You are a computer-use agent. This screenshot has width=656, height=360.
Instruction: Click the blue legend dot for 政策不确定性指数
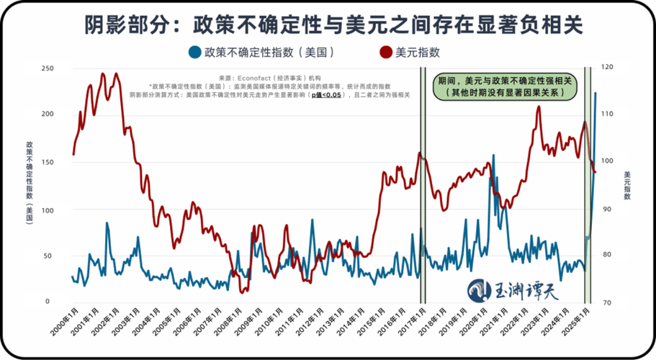(194, 52)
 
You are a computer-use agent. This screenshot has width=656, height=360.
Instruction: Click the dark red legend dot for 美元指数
(385, 52)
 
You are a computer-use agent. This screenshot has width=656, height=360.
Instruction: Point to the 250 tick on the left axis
(47, 68)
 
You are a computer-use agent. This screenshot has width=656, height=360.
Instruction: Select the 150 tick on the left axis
(47, 161)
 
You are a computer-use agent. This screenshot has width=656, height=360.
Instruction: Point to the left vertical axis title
(29, 183)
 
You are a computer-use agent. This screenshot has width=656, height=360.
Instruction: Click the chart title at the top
(328, 24)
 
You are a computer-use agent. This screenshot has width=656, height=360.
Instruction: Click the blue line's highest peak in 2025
(595, 93)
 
